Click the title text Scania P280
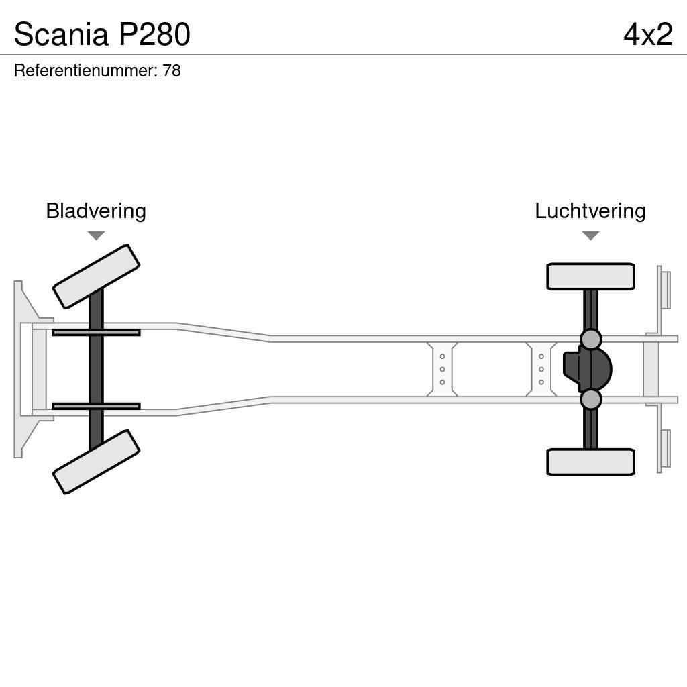(102, 34)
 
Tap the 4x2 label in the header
(647, 34)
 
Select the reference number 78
(172, 71)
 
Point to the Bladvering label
(96, 211)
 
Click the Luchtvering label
(590, 211)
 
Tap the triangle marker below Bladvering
(96, 235)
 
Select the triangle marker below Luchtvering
(590, 235)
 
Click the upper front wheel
(96, 276)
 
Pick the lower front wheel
(96, 462)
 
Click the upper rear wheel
(590, 276)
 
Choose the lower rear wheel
(590, 462)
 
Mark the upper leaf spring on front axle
(96, 332)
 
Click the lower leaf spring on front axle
(96, 406)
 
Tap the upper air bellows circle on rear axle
(590, 339)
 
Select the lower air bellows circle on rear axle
(590, 399)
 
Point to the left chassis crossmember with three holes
(442, 369)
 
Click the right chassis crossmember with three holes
(541, 369)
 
